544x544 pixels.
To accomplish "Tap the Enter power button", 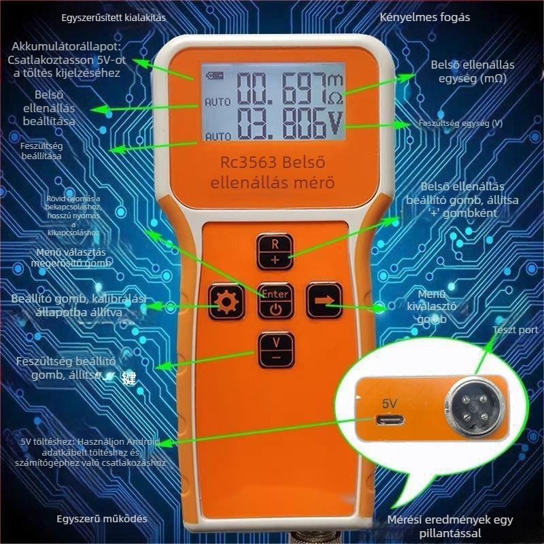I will tap(275, 301).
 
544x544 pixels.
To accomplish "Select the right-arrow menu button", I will tap(323, 300).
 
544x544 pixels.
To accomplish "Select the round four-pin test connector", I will tap(466, 403).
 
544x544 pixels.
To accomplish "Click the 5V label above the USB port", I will tap(389, 403).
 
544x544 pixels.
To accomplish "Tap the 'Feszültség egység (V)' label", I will tap(460, 124).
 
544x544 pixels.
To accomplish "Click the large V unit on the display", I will tap(335, 122).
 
